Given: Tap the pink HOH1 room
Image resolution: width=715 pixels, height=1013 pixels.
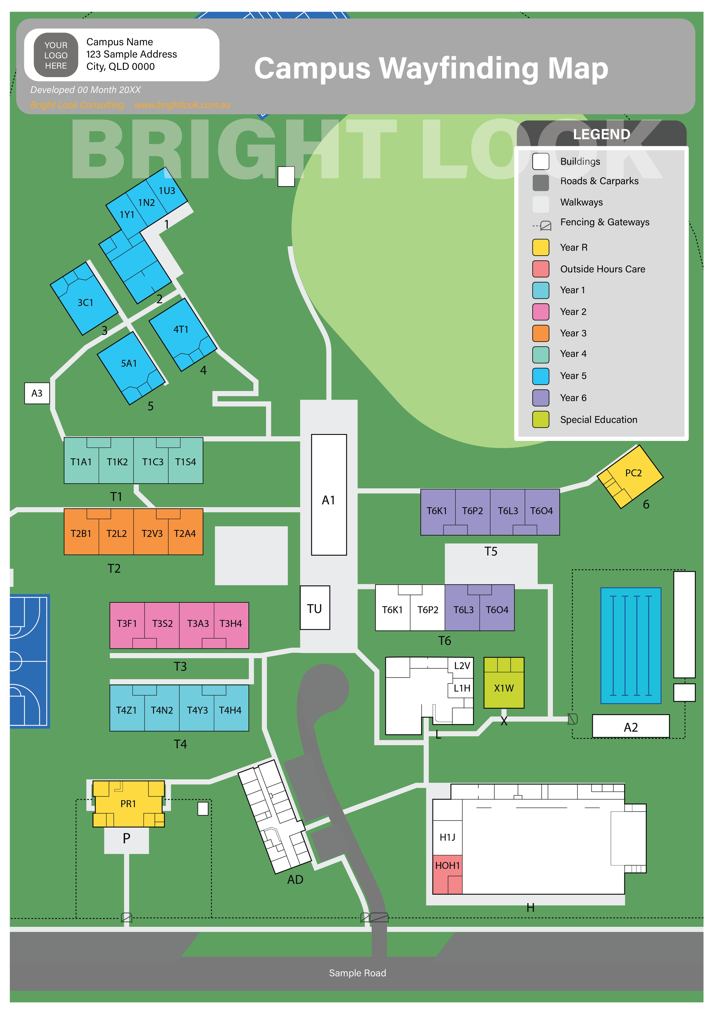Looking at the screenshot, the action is (447, 866).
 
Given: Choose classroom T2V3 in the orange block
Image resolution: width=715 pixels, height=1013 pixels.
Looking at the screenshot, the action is (152, 534).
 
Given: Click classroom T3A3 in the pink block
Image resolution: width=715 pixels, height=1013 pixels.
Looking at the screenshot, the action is (198, 623).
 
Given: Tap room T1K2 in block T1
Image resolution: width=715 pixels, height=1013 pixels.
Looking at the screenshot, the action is (117, 462).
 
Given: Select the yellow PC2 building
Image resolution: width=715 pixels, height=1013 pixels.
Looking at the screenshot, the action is (632, 473).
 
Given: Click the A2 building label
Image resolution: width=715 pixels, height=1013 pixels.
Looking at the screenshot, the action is (630, 727).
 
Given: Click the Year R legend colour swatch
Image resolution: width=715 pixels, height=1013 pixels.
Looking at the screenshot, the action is (540, 248).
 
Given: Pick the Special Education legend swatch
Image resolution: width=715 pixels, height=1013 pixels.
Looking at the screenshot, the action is (540, 420).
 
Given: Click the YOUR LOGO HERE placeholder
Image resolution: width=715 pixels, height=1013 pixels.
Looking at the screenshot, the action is (56, 55).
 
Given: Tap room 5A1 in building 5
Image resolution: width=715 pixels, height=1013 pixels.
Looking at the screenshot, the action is (129, 364).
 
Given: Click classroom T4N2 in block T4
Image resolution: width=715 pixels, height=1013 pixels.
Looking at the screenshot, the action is (162, 710).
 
